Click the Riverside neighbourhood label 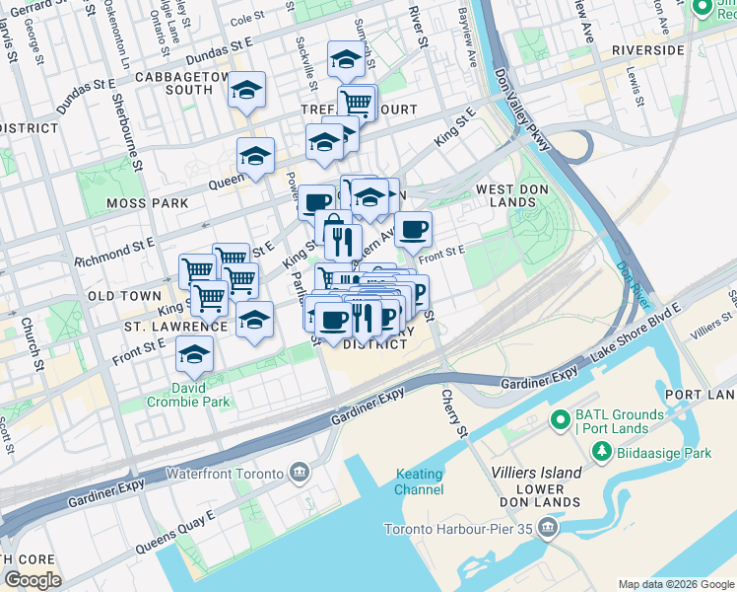click(x=647, y=49)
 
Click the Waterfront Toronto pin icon click(x=300, y=474)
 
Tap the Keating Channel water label click(x=419, y=481)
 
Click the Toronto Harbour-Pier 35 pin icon click(x=549, y=530)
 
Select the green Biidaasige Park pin click(x=598, y=453)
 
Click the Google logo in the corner click(x=33, y=579)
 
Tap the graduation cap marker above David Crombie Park click(x=194, y=353)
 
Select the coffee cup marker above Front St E click(x=414, y=230)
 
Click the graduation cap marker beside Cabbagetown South click(x=245, y=92)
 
